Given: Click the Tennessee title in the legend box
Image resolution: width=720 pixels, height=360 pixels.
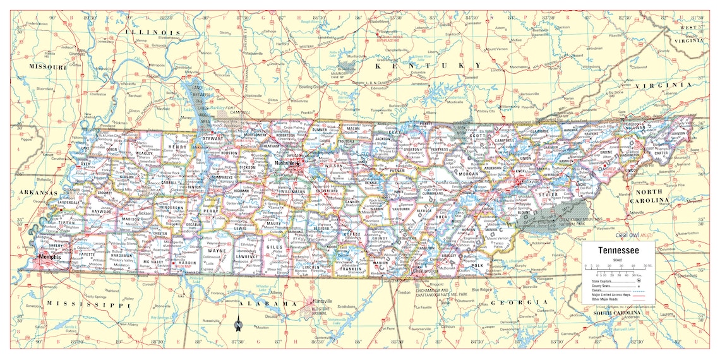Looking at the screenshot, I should pos(614,251).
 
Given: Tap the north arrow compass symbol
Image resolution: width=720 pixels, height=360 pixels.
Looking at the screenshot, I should pos(238,325).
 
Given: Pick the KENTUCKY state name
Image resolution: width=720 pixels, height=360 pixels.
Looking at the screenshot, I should pos(428,66).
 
